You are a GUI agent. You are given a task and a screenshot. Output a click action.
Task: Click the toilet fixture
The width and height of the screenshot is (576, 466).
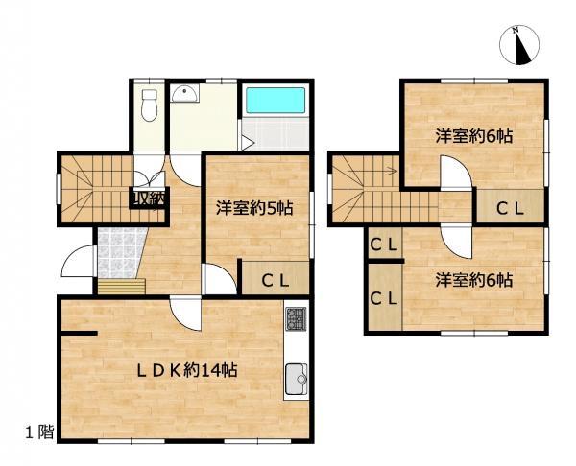point(149,105)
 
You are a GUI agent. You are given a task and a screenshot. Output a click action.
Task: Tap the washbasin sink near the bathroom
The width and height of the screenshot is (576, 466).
point(184,94)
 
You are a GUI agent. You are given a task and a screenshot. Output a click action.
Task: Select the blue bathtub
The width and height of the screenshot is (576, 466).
point(274,102)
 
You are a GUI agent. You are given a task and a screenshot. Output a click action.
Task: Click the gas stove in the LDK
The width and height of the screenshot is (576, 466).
point(295,319)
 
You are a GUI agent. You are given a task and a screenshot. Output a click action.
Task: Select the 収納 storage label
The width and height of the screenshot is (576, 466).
point(149,198)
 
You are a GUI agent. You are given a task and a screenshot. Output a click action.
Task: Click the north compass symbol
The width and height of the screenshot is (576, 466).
point(521,46)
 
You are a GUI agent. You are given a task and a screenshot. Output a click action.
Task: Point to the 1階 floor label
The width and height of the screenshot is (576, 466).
point(38,432)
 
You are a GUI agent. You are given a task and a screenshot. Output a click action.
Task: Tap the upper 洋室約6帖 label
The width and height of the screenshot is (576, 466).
point(473,136)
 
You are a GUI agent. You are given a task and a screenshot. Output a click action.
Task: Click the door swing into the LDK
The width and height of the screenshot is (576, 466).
point(185,312)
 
